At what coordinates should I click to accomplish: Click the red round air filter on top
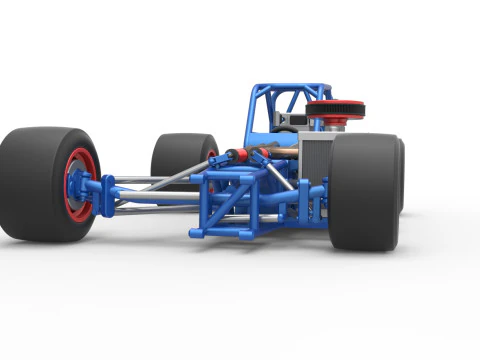click(335, 108)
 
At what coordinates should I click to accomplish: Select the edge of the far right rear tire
click(401, 175)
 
